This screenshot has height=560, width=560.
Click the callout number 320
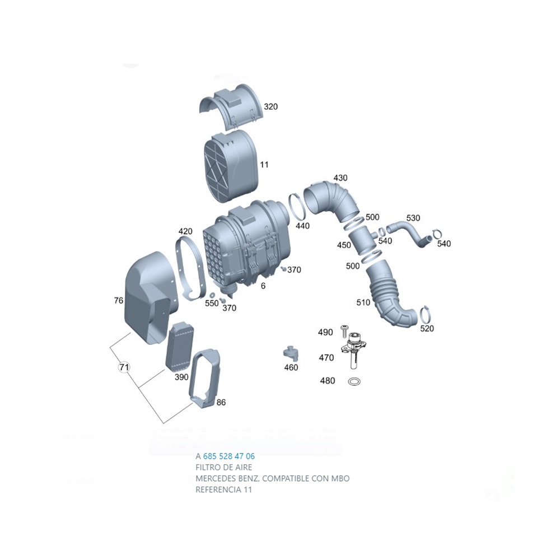coord(271,106)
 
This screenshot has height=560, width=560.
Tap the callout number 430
coord(340,178)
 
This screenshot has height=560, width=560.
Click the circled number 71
coord(124,367)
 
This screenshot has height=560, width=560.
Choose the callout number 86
coord(221,402)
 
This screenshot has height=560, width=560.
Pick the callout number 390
coord(181,377)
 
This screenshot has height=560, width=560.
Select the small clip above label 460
coord(290,353)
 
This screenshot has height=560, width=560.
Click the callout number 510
coord(363,302)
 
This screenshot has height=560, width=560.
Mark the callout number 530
coord(413,217)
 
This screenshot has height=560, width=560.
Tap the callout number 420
coord(185,231)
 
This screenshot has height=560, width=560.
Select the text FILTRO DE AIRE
coord(223,467)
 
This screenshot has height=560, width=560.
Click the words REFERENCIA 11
coord(224,489)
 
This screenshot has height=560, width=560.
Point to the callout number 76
coord(118,301)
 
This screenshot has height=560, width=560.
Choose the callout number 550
coord(212,303)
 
